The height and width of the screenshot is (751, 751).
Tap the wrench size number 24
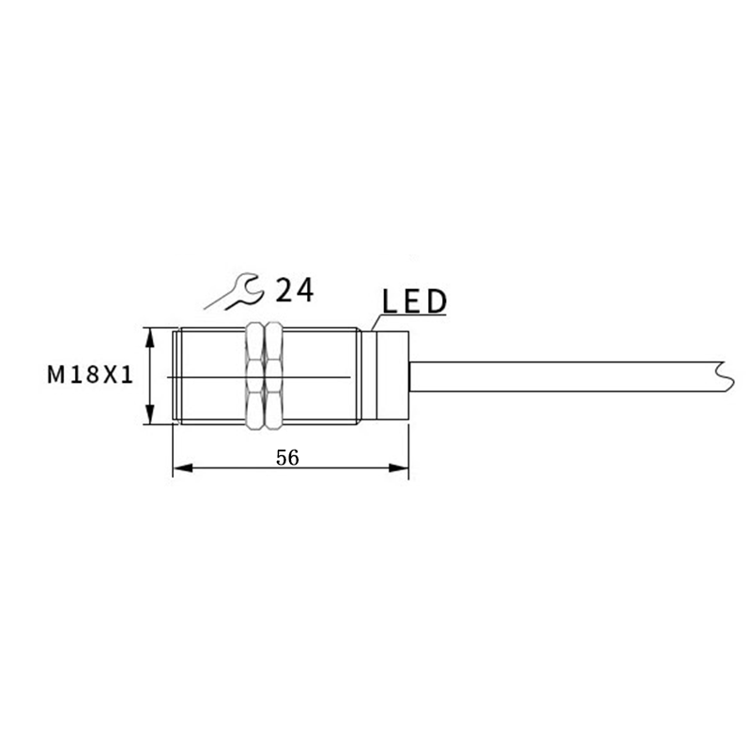point(294,290)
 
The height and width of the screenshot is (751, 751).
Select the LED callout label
point(414,301)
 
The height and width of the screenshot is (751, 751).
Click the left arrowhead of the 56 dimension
point(181,467)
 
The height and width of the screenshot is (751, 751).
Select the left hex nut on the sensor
point(253,376)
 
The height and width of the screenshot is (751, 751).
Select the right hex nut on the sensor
point(274,376)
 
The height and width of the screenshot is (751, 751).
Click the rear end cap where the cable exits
point(392,376)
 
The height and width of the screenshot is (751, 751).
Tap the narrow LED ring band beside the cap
point(367,376)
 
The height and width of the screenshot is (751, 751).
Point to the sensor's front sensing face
point(175,376)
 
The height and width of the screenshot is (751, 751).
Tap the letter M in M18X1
point(55,375)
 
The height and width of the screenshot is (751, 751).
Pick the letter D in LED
point(436,301)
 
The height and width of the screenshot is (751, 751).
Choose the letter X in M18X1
point(108,375)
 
